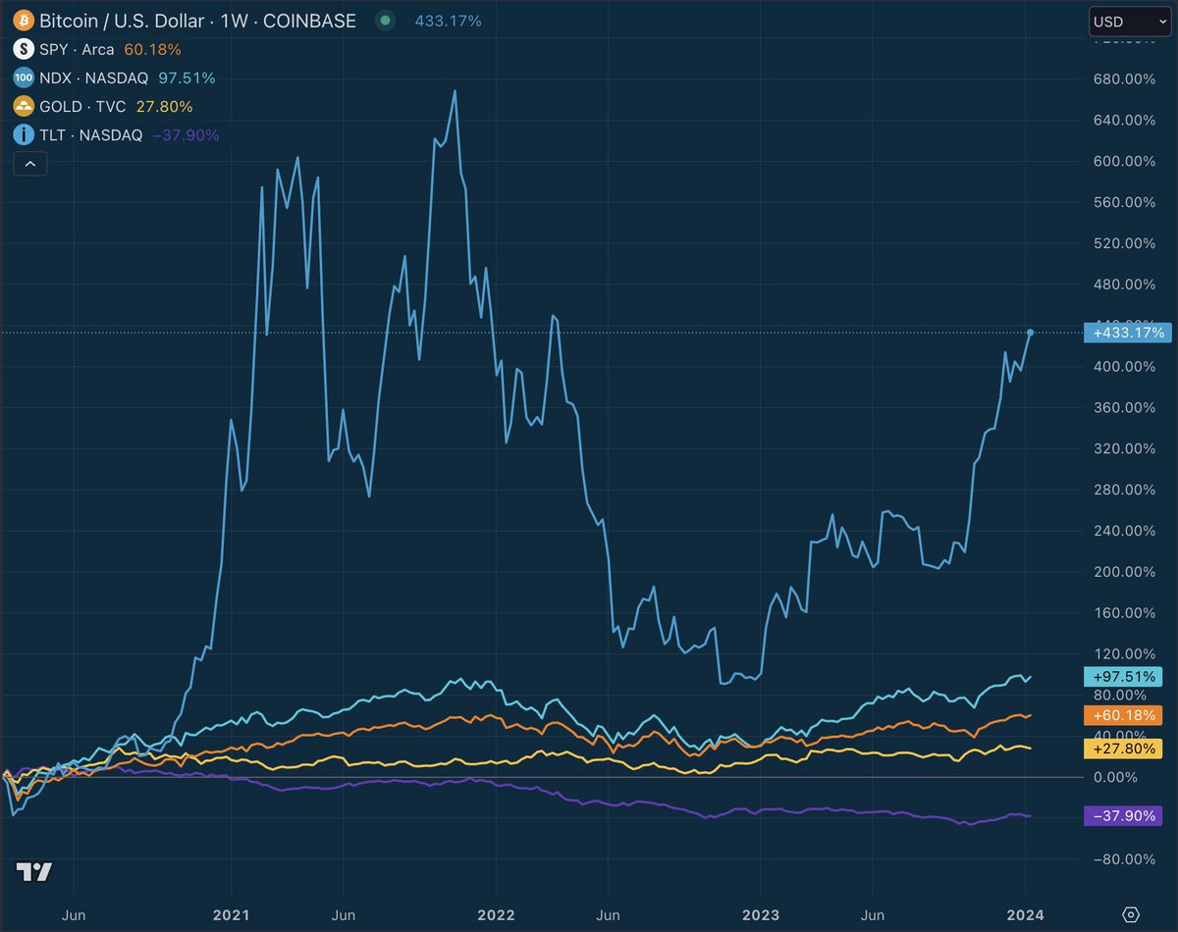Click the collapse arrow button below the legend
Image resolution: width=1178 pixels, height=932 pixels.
click(29, 164)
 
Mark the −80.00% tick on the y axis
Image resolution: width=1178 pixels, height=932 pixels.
click(1120, 859)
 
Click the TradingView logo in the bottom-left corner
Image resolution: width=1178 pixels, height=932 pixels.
click(34, 871)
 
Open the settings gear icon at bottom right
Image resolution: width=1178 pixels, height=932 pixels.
click(1131, 913)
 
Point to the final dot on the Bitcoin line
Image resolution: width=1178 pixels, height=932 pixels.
click(1030, 332)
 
